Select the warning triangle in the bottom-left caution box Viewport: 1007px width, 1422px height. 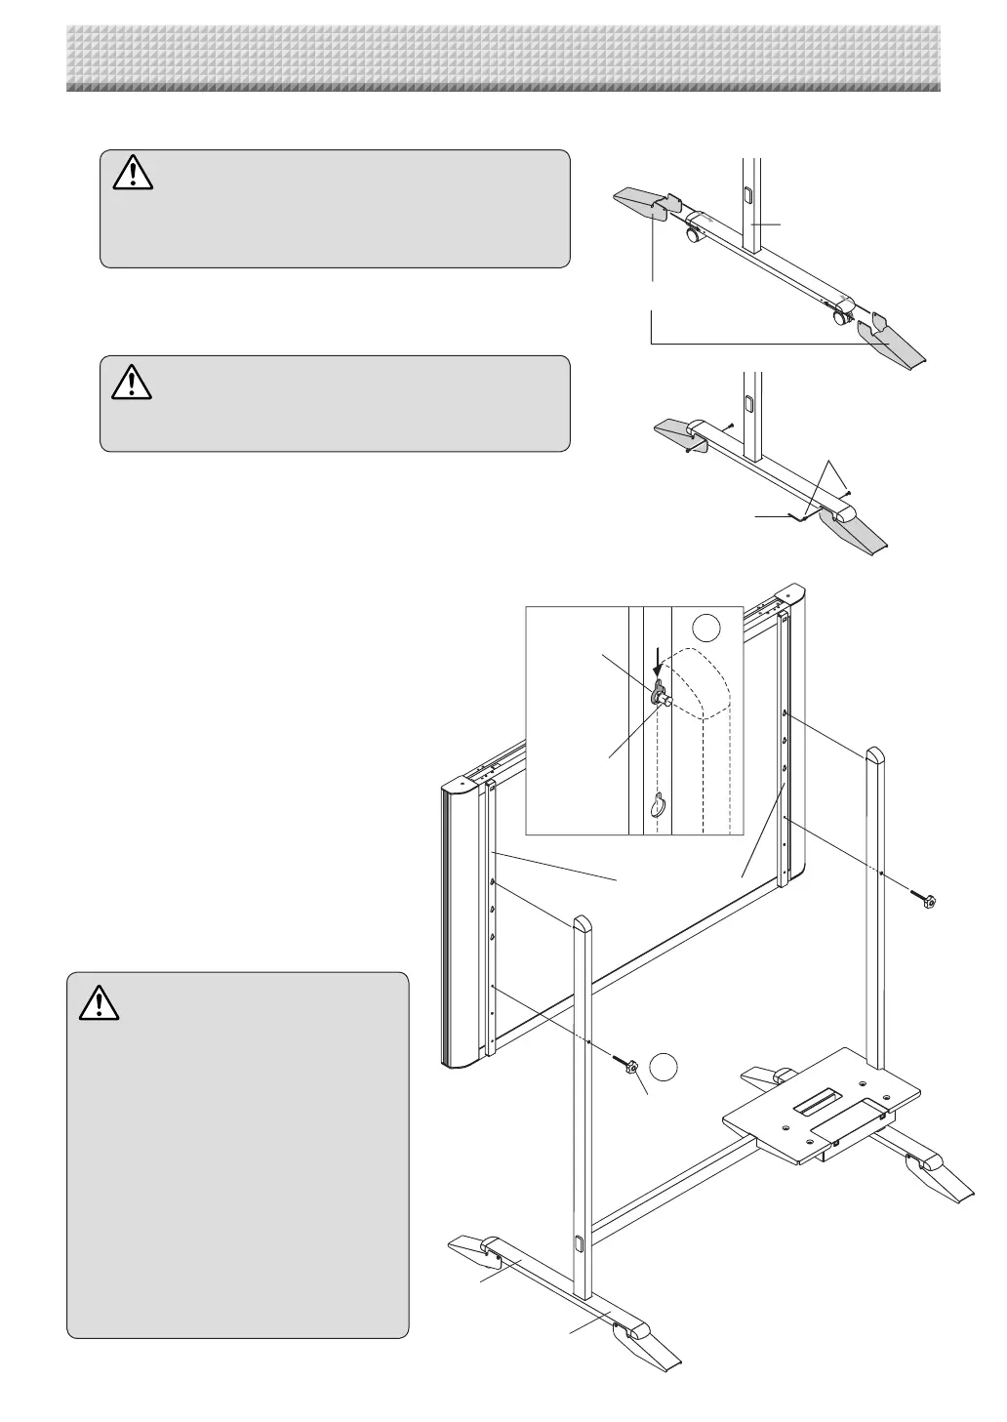[x=99, y=1003]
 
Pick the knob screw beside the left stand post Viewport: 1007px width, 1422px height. [x=627, y=1065]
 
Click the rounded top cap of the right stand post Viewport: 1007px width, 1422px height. [x=874, y=754]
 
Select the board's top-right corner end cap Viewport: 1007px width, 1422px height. [x=788, y=593]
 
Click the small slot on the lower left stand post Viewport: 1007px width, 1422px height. [x=579, y=1243]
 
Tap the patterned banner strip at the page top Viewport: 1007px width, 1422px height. [x=503, y=59]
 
